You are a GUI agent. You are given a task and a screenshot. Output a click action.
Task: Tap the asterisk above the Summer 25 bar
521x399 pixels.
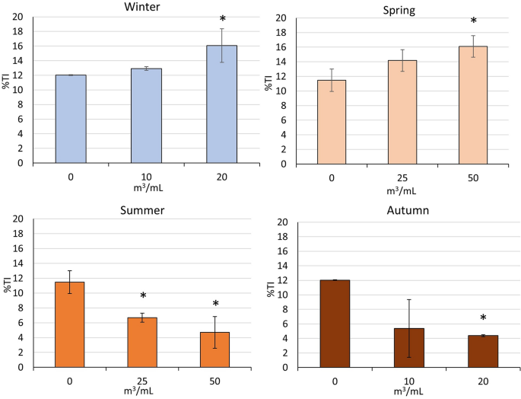pos(142,297)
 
